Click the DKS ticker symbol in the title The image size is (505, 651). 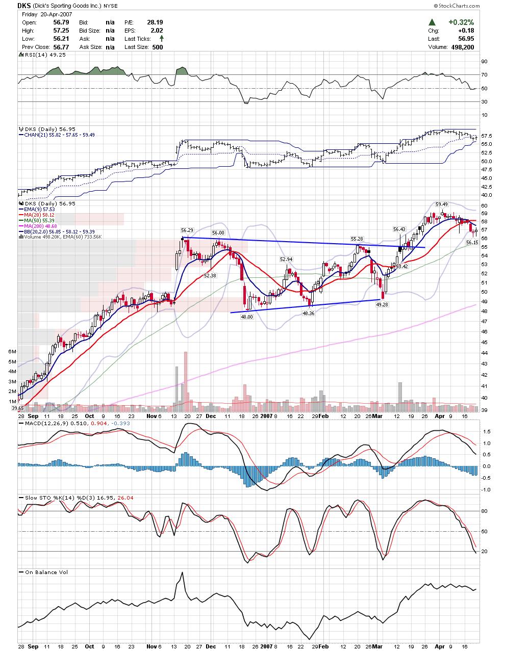coord(24,6)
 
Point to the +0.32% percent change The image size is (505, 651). coord(461,22)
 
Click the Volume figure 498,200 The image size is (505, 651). coord(462,47)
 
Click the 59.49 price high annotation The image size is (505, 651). coord(441,204)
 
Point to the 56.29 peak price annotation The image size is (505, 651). coord(187,231)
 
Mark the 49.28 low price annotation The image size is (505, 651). coord(382,304)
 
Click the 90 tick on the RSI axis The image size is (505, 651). coord(484,62)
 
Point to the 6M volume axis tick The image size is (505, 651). coord(12,352)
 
